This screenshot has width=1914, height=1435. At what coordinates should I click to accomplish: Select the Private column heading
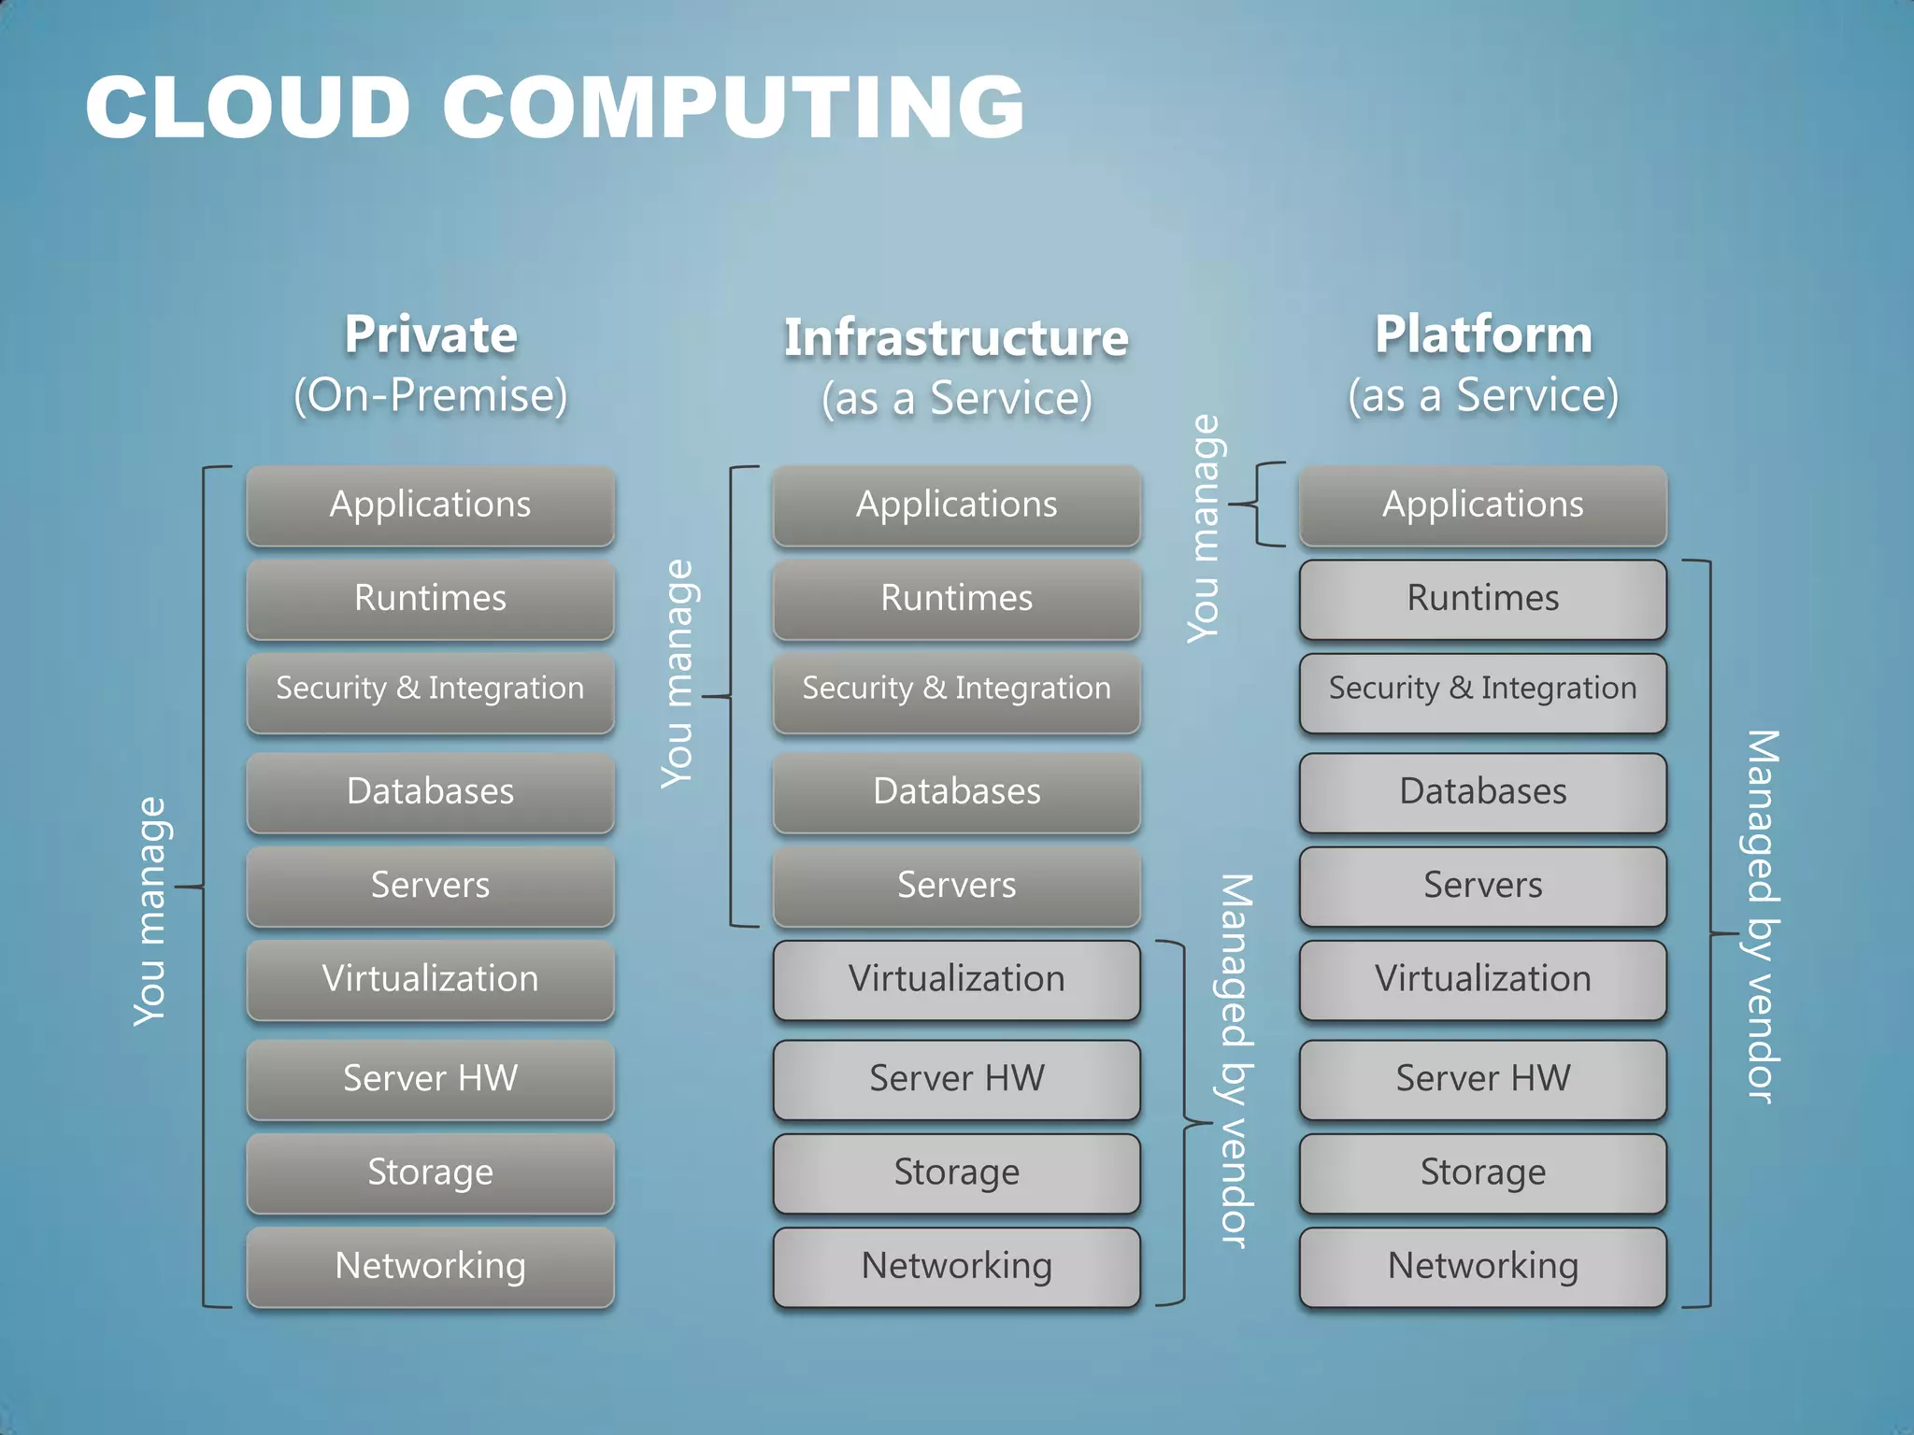tap(431, 334)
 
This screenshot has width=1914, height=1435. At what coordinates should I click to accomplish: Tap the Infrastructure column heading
tap(956, 337)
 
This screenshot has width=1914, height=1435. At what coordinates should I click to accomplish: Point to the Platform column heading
tap(1483, 334)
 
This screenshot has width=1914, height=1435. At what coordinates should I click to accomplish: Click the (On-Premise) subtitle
tap(431, 395)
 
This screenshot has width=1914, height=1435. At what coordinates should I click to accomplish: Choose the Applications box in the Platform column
tap(1483, 505)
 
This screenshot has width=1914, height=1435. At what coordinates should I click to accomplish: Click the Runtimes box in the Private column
tap(431, 599)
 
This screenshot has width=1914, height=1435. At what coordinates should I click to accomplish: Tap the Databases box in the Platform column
tap(1483, 792)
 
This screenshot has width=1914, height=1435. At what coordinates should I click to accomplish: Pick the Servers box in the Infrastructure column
tap(956, 886)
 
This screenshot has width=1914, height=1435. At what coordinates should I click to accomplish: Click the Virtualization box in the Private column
tap(431, 979)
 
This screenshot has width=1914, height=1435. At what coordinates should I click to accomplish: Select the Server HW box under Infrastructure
tap(956, 1079)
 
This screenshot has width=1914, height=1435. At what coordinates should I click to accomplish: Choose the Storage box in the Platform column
tap(1483, 1172)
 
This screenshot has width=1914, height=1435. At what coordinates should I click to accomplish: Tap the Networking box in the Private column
tap(431, 1266)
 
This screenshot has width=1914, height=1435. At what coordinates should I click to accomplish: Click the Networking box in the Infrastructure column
tap(956, 1266)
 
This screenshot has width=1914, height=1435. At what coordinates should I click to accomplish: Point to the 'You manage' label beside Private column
tap(150, 911)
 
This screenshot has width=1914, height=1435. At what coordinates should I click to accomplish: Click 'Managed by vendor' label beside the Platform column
tap(1763, 916)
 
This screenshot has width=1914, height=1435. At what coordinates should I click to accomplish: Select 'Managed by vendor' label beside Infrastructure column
tap(1236, 1060)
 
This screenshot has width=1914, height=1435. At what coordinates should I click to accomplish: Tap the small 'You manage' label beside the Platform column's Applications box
tap(1205, 529)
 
